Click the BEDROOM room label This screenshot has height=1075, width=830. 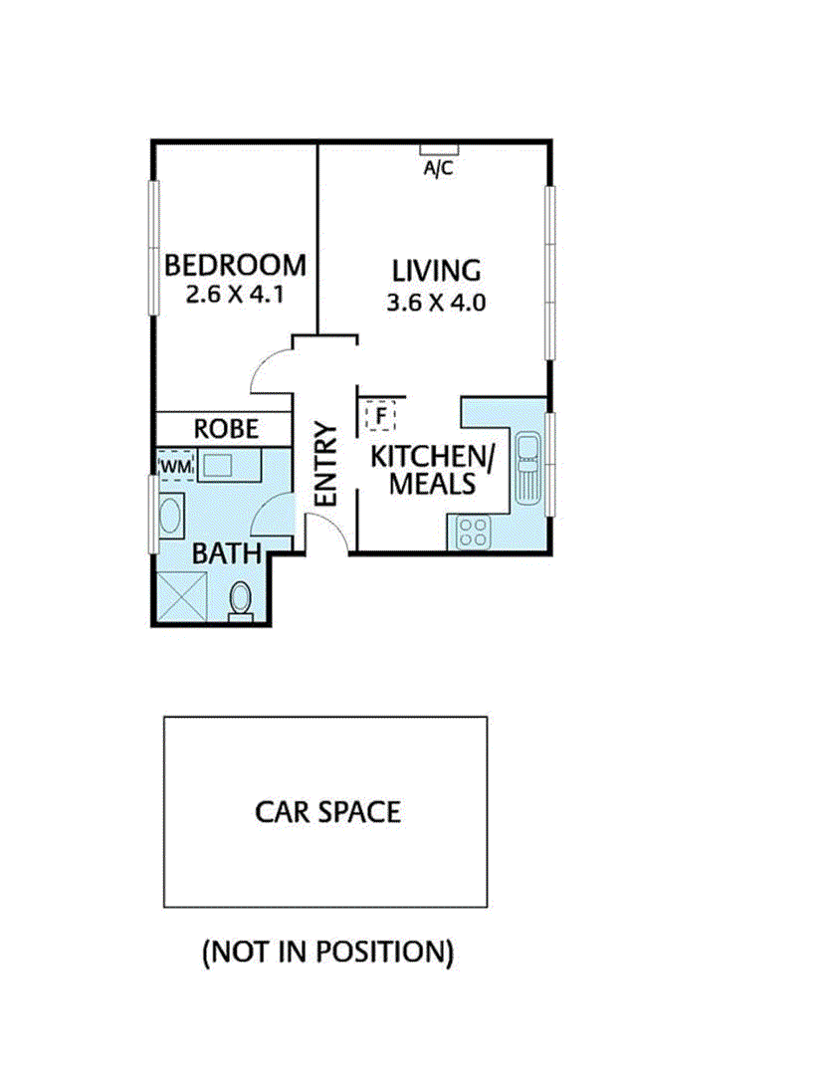click(235, 266)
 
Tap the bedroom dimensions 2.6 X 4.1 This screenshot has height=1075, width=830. click(235, 295)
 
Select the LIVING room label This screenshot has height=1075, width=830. click(436, 271)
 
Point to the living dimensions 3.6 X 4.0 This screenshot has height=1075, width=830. click(436, 303)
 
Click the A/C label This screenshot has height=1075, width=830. click(438, 168)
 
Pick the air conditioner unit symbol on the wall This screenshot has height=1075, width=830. click(439, 149)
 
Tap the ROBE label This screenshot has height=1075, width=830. click(226, 429)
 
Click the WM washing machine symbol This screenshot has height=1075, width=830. click(176, 466)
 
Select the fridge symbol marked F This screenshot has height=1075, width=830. click(380, 415)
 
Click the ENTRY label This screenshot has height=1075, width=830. click(326, 464)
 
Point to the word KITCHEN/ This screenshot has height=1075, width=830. click(433, 457)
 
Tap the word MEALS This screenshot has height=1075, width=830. click(433, 484)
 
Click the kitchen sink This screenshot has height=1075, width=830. click(527, 468)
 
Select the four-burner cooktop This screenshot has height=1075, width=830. click(474, 533)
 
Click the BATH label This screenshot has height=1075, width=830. click(227, 553)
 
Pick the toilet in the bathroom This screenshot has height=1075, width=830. click(241, 601)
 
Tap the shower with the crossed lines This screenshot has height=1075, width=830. click(182, 597)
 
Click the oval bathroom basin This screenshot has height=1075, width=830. click(170, 517)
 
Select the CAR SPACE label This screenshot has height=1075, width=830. click(327, 812)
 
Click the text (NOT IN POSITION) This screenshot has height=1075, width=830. click(328, 953)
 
